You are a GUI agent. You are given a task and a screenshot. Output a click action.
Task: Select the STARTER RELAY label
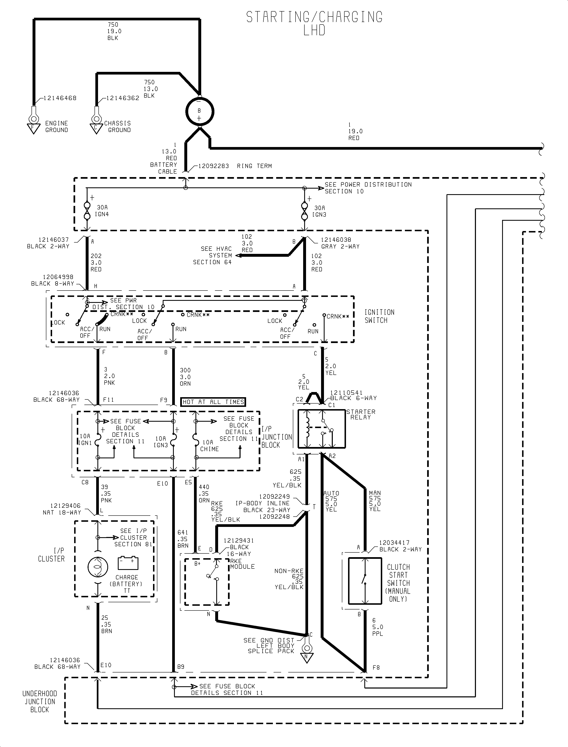361,414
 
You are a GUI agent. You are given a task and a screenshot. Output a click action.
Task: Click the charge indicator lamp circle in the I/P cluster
98,567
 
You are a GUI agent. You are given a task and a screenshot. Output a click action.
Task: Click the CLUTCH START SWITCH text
398,583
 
